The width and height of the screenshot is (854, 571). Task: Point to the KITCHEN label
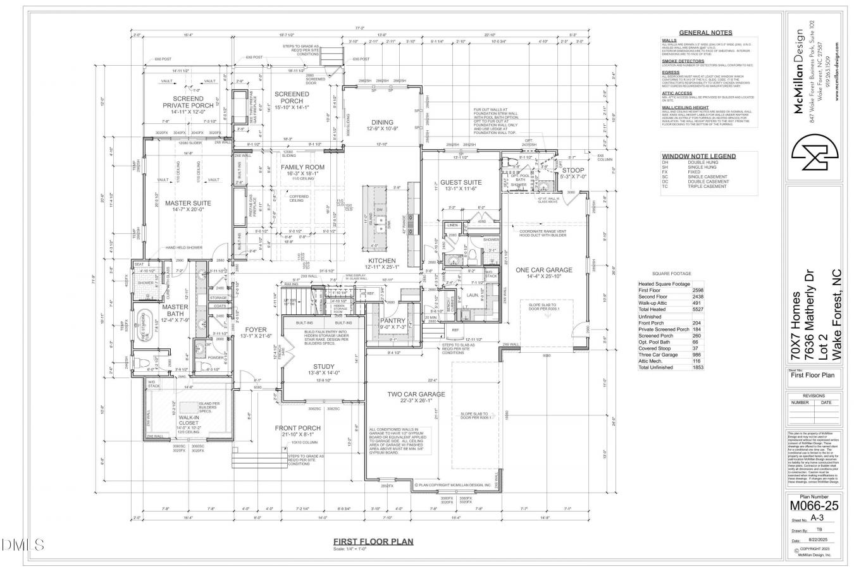pos(382,261)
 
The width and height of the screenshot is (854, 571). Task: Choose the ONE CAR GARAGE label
pos(543,269)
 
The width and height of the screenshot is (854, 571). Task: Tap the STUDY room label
pos(324,366)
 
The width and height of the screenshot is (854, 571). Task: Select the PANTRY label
pos(392,321)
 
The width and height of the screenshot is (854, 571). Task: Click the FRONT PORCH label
pos(298,428)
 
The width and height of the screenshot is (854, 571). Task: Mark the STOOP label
pos(572,169)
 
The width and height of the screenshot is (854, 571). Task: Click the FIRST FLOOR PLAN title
pos(373,541)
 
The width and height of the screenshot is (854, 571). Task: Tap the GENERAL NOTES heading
pos(705,32)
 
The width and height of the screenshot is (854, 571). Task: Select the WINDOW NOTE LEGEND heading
pos(698,156)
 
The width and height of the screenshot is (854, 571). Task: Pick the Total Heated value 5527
pos(698,309)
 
